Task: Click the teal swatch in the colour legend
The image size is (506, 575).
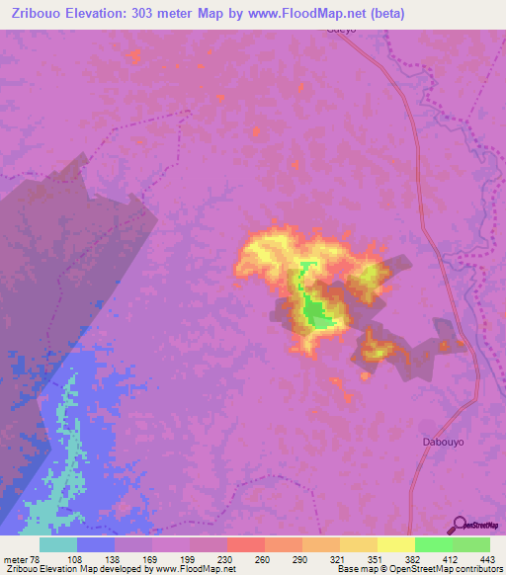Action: click(58, 544)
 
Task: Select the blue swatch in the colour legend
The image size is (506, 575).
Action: click(96, 544)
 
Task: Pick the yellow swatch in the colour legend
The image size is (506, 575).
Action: click(396, 544)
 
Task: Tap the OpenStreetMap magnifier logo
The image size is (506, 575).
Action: click(460, 524)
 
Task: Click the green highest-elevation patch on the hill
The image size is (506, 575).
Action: click(316, 314)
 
